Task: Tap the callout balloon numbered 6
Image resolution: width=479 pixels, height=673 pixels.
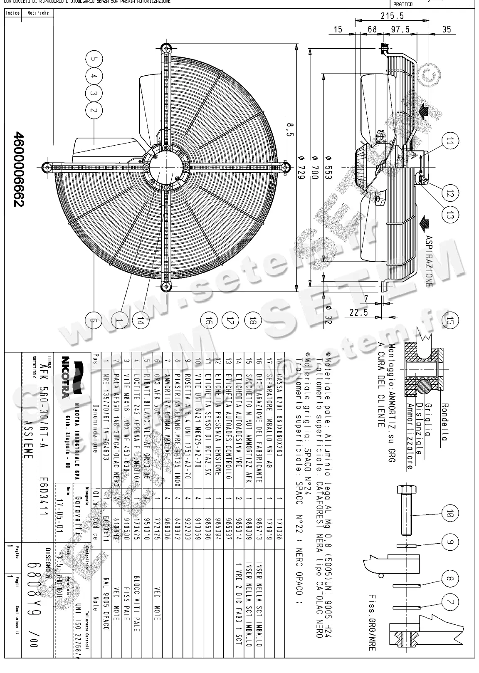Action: [94, 320]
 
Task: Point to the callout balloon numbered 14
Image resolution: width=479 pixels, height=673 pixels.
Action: [141, 320]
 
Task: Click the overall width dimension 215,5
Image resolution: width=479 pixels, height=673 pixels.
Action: [393, 16]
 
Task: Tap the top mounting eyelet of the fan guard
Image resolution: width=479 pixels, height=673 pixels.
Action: [166, 47]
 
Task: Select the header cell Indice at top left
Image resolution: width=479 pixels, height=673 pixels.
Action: [13, 13]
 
